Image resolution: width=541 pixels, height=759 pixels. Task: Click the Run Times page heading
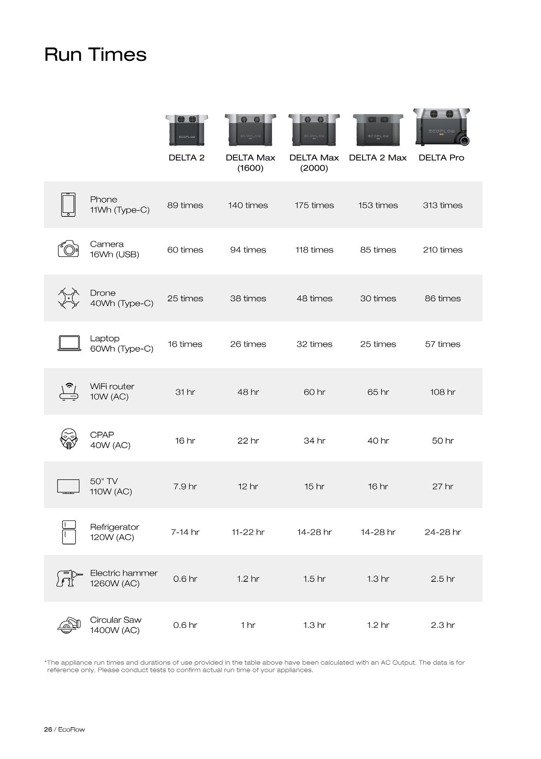pyautogui.click(x=95, y=54)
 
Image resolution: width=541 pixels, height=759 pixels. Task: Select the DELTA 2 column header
pyautogui.click(x=186, y=158)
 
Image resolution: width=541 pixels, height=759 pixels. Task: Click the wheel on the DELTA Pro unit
pyautogui.click(x=464, y=141)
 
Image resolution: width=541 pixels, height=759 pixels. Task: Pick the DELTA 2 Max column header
pyautogui.click(x=378, y=158)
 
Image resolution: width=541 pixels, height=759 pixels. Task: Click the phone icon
pyautogui.click(x=68, y=205)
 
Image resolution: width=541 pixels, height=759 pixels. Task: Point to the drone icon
pyautogui.click(x=69, y=298)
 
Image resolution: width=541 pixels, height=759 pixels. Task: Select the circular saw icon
pyautogui.click(x=69, y=625)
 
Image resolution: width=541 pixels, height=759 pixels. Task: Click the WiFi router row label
pyautogui.click(x=112, y=391)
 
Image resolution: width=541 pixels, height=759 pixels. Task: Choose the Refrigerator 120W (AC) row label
pyautogui.click(x=114, y=532)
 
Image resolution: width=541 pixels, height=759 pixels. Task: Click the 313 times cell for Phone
pyautogui.click(x=443, y=205)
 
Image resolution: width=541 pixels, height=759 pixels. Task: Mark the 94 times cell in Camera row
pyautogui.click(x=248, y=250)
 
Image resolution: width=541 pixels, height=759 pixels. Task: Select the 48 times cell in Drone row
pyautogui.click(x=314, y=298)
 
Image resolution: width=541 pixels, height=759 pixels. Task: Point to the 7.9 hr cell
pyautogui.click(x=185, y=486)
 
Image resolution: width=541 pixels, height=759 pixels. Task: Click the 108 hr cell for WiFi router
pyautogui.click(x=443, y=392)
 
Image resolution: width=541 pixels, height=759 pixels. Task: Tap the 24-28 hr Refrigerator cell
pyautogui.click(x=443, y=532)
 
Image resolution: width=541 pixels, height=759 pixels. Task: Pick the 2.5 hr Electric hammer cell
pyautogui.click(x=443, y=579)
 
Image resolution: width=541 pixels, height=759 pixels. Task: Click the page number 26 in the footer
pyautogui.click(x=48, y=729)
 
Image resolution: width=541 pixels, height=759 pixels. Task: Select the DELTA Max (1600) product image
pyautogui.click(x=250, y=130)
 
